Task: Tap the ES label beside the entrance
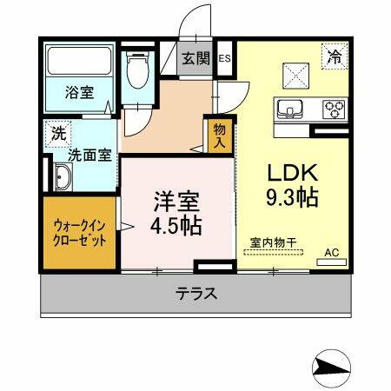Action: (223, 59)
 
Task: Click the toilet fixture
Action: (136, 70)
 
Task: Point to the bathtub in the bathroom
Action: (79, 63)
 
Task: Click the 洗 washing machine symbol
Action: (57, 134)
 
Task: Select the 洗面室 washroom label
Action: (89, 156)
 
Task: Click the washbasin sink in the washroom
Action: (63, 179)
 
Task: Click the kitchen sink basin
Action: (289, 109)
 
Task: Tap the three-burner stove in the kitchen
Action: (333, 109)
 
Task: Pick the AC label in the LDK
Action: (331, 253)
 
